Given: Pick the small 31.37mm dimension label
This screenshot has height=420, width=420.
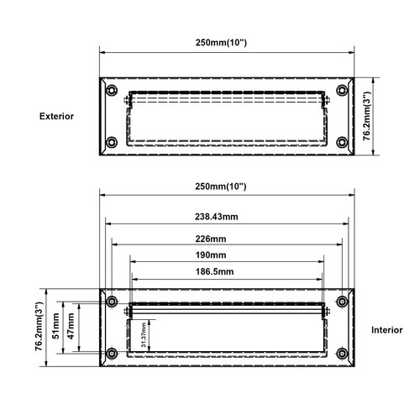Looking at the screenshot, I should pyautogui.click(x=143, y=335).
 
